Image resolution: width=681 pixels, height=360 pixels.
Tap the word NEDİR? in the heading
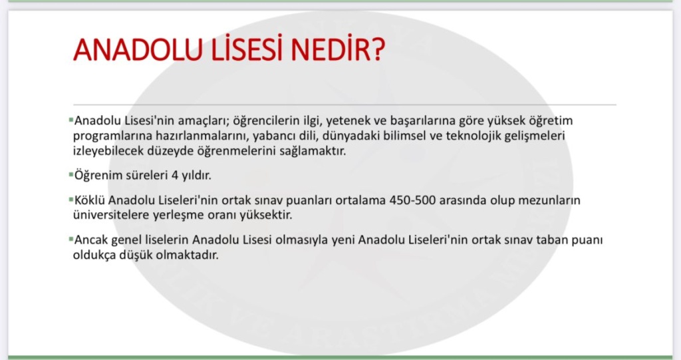click(x=338, y=49)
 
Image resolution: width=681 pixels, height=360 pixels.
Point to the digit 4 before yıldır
click(x=175, y=176)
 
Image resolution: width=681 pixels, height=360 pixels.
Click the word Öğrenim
click(x=98, y=175)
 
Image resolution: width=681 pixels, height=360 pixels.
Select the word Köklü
click(x=90, y=200)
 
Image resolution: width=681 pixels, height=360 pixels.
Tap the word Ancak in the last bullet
click(x=91, y=240)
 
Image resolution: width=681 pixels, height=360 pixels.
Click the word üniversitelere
click(x=111, y=215)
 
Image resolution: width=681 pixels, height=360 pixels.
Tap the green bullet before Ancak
click(x=70, y=239)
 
